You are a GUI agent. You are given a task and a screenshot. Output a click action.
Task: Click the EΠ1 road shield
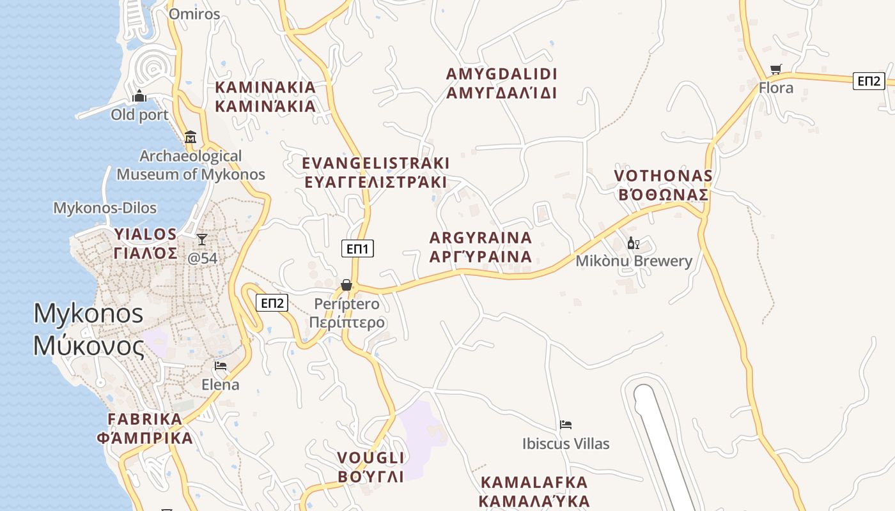click(358, 248)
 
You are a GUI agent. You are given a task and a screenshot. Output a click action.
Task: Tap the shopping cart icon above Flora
click(775, 69)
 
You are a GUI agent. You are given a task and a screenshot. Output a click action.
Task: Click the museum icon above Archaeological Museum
click(190, 137)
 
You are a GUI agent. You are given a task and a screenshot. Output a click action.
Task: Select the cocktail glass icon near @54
click(202, 240)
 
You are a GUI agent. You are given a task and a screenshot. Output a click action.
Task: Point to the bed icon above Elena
click(220, 366)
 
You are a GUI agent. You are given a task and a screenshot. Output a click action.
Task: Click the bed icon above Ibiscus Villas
click(565, 425)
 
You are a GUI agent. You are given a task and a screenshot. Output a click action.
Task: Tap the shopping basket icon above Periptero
click(346, 284)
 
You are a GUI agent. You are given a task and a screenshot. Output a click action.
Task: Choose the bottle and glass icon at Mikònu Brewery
click(633, 243)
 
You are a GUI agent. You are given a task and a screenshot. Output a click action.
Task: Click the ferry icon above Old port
click(139, 96)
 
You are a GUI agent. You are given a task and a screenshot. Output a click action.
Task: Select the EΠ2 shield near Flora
click(869, 80)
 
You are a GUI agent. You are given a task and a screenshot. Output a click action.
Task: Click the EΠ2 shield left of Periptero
click(272, 303)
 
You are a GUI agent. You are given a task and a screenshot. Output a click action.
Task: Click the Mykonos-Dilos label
click(104, 208)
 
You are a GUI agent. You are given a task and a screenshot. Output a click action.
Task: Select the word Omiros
click(194, 14)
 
